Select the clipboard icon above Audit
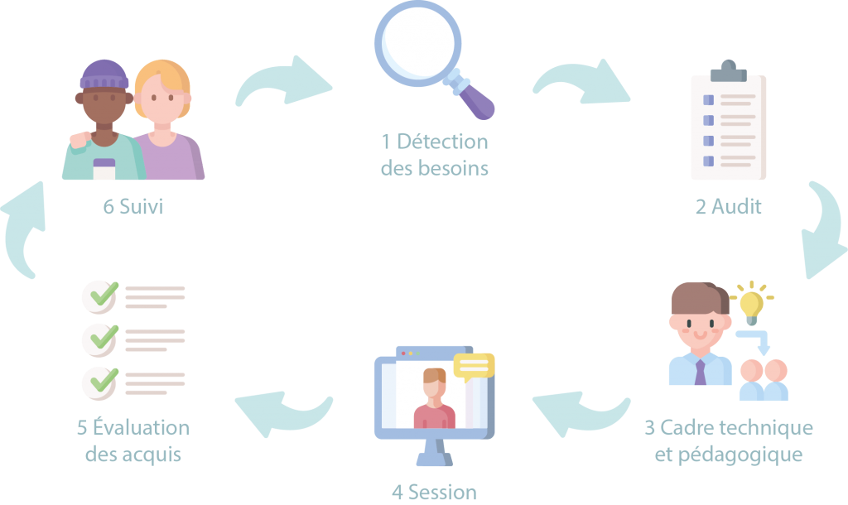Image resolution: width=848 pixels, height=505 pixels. tap(728, 124)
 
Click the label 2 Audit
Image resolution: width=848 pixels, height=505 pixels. tap(728, 207)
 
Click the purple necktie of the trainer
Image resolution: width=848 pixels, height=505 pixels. tap(701, 372)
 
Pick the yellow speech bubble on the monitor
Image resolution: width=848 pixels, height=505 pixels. tap(474, 366)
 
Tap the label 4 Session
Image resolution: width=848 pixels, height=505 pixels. tap(434, 493)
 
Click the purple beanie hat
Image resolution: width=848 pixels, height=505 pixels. tap(104, 76)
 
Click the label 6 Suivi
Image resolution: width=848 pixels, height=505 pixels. tap(132, 207)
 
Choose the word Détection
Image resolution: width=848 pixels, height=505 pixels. tap(442, 142)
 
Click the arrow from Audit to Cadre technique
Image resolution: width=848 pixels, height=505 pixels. tap(821, 231)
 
